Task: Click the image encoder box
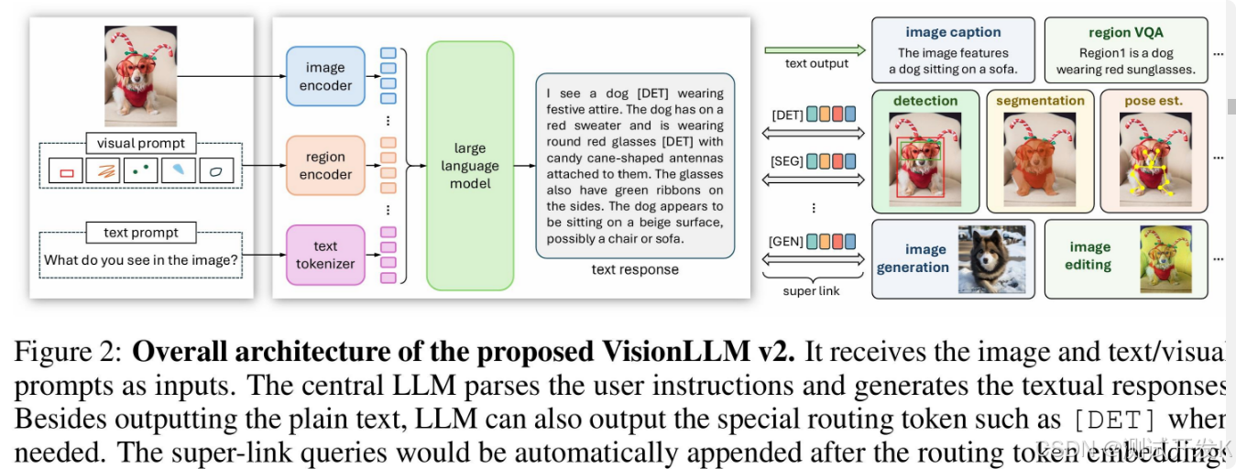click(325, 76)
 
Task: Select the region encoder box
click(325, 165)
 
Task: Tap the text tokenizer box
click(325, 255)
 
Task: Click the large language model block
click(470, 166)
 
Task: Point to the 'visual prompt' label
click(141, 143)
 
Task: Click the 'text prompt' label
click(141, 232)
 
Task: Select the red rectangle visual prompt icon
click(66, 170)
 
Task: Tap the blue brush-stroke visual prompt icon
click(179, 169)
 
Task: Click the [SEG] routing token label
click(788, 161)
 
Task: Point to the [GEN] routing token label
click(787, 242)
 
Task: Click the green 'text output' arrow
click(815, 49)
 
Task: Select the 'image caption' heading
click(953, 33)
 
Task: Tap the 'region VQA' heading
click(1125, 33)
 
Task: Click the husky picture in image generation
click(992, 259)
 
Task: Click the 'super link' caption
click(811, 290)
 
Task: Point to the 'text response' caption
click(635, 269)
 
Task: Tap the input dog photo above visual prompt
click(140, 75)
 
